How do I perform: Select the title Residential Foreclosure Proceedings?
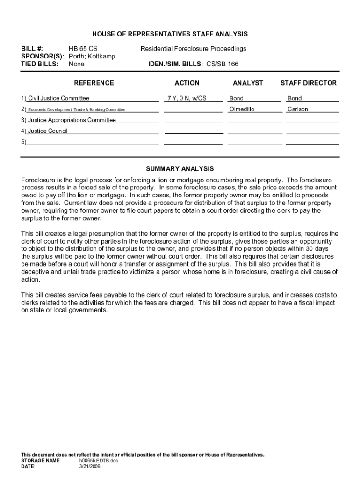[194, 49]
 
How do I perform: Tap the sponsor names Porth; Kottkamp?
[92, 57]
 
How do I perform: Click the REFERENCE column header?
[94, 83]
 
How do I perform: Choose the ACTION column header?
[187, 83]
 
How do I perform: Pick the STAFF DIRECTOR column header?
[308, 83]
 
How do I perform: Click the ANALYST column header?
[248, 83]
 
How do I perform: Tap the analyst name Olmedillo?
[242, 109]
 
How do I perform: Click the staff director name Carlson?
[298, 109]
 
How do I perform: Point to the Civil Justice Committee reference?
[58, 99]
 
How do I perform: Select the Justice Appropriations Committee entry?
[72, 120]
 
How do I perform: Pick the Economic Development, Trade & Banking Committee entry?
[76, 110]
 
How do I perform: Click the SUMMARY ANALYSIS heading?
[180, 168]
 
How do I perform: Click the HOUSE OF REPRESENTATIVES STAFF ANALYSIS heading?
[170, 34]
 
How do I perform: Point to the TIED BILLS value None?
[76, 64]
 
